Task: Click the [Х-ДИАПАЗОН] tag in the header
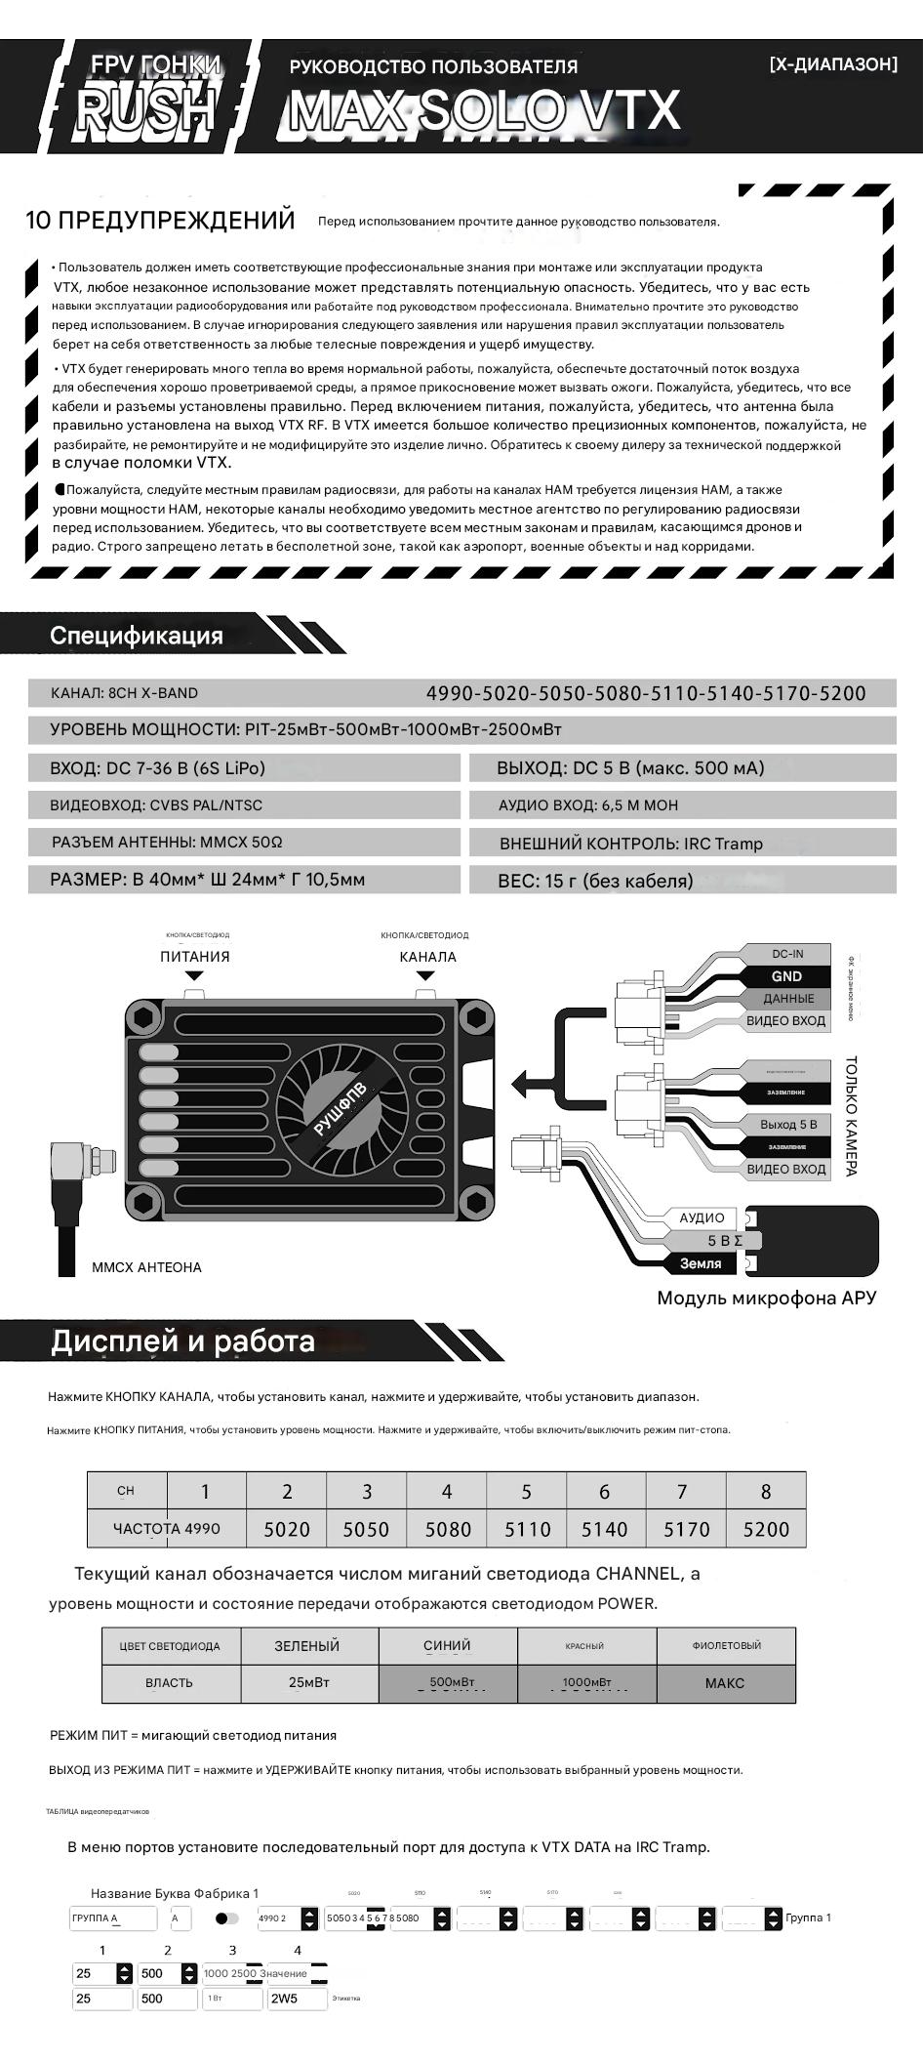[832, 64]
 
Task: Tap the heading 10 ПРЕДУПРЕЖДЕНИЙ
[160, 221]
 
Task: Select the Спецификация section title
[137, 636]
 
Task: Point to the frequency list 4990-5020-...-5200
[646, 693]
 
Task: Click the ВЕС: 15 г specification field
[595, 881]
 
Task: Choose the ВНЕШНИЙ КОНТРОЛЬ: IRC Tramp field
[631, 844]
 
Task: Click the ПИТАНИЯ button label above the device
[195, 957]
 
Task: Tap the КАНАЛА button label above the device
[427, 957]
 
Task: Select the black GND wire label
[786, 976]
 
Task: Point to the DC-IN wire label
[787, 954]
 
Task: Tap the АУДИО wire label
[702, 1218]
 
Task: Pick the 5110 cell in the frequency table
[527, 1529]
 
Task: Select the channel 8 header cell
[766, 1491]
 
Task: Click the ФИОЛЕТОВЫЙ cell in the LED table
[726, 1645]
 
